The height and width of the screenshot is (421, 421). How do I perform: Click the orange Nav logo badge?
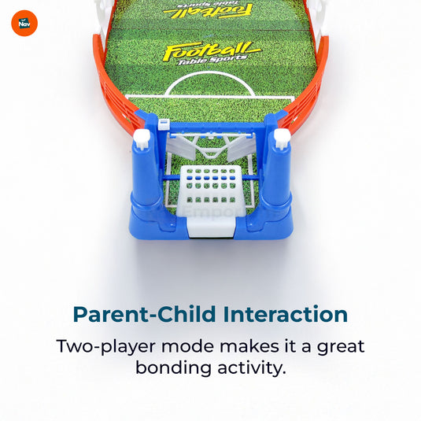(x=24, y=22)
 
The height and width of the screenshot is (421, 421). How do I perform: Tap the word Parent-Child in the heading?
(x=145, y=315)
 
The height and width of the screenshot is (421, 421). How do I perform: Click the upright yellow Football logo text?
(x=211, y=52)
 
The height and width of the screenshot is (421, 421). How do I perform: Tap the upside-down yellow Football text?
(x=209, y=9)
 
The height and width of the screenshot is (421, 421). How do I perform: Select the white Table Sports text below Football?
(x=212, y=67)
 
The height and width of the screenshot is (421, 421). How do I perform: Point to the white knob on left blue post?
(x=142, y=138)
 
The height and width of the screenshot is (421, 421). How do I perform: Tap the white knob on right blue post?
(x=281, y=138)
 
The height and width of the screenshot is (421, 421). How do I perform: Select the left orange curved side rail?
(x=114, y=87)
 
